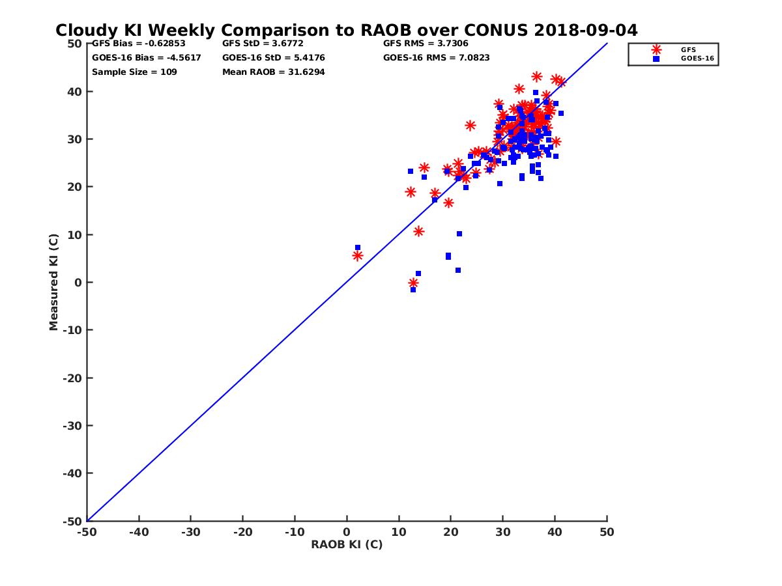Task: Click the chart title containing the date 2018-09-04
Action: click(346, 30)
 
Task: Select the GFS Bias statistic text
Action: click(138, 44)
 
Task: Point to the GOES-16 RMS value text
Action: click(436, 57)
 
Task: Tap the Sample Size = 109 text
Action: click(134, 72)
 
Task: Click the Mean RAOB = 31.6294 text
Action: click(273, 72)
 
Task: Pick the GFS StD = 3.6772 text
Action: click(263, 44)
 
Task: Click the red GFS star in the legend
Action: click(656, 49)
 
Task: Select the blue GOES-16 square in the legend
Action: click(656, 59)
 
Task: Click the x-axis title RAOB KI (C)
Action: click(346, 544)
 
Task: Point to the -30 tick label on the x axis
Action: click(190, 532)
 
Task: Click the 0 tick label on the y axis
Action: click(78, 283)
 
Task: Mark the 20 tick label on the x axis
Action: click(450, 532)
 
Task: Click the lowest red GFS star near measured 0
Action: click(413, 283)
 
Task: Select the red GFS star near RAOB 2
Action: click(358, 256)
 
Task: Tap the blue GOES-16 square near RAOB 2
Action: click(358, 247)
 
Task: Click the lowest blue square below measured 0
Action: click(413, 290)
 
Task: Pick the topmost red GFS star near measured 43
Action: click(537, 77)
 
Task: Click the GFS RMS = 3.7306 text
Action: click(426, 44)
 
